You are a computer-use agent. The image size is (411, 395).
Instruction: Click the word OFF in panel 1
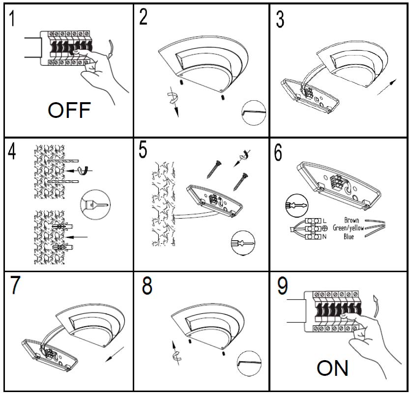(69, 111)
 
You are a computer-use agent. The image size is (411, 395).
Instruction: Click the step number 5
(143, 150)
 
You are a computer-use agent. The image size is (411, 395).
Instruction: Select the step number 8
(147, 286)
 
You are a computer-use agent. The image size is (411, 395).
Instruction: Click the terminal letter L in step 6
(324, 220)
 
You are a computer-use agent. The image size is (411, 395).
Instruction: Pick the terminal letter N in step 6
(324, 237)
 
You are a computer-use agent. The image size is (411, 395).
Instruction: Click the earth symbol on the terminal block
(324, 228)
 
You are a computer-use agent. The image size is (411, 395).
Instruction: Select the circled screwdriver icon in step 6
(294, 205)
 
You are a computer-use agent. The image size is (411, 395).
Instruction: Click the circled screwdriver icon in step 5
(243, 244)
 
